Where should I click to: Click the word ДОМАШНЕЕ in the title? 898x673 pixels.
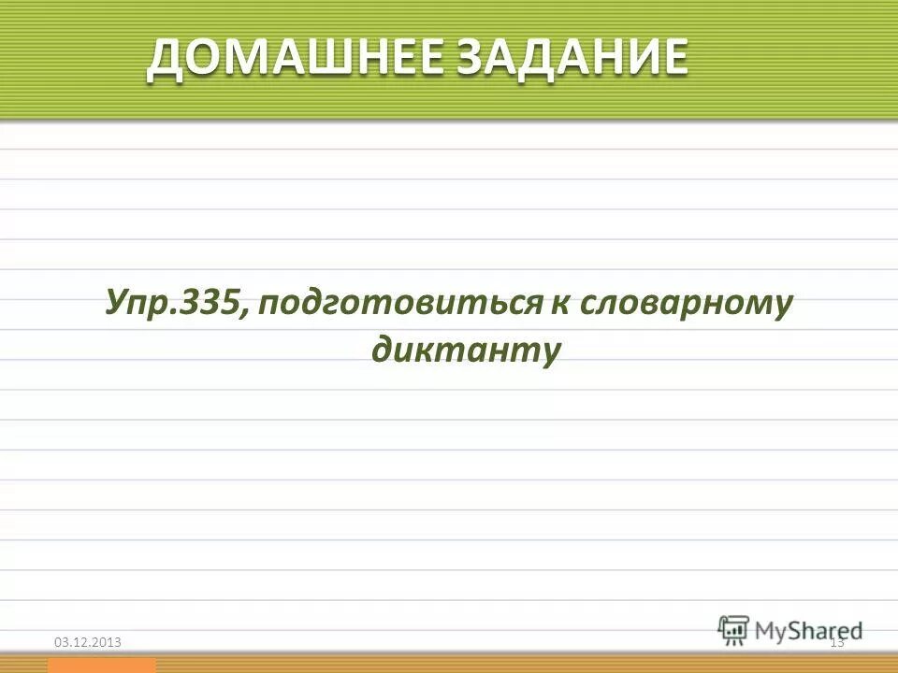(x=299, y=58)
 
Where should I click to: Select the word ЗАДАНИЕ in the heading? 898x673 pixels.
(x=572, y=58)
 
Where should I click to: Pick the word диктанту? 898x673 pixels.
(x=465, y=349)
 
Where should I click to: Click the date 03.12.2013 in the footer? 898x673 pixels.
(x=88, y=641)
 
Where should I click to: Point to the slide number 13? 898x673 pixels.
(x=836, y=641)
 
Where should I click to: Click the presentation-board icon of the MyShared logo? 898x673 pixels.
(x=734, y=628)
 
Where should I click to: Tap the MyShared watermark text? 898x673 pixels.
(x=809, y=629)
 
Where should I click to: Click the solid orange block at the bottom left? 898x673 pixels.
(x=102, y=665)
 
